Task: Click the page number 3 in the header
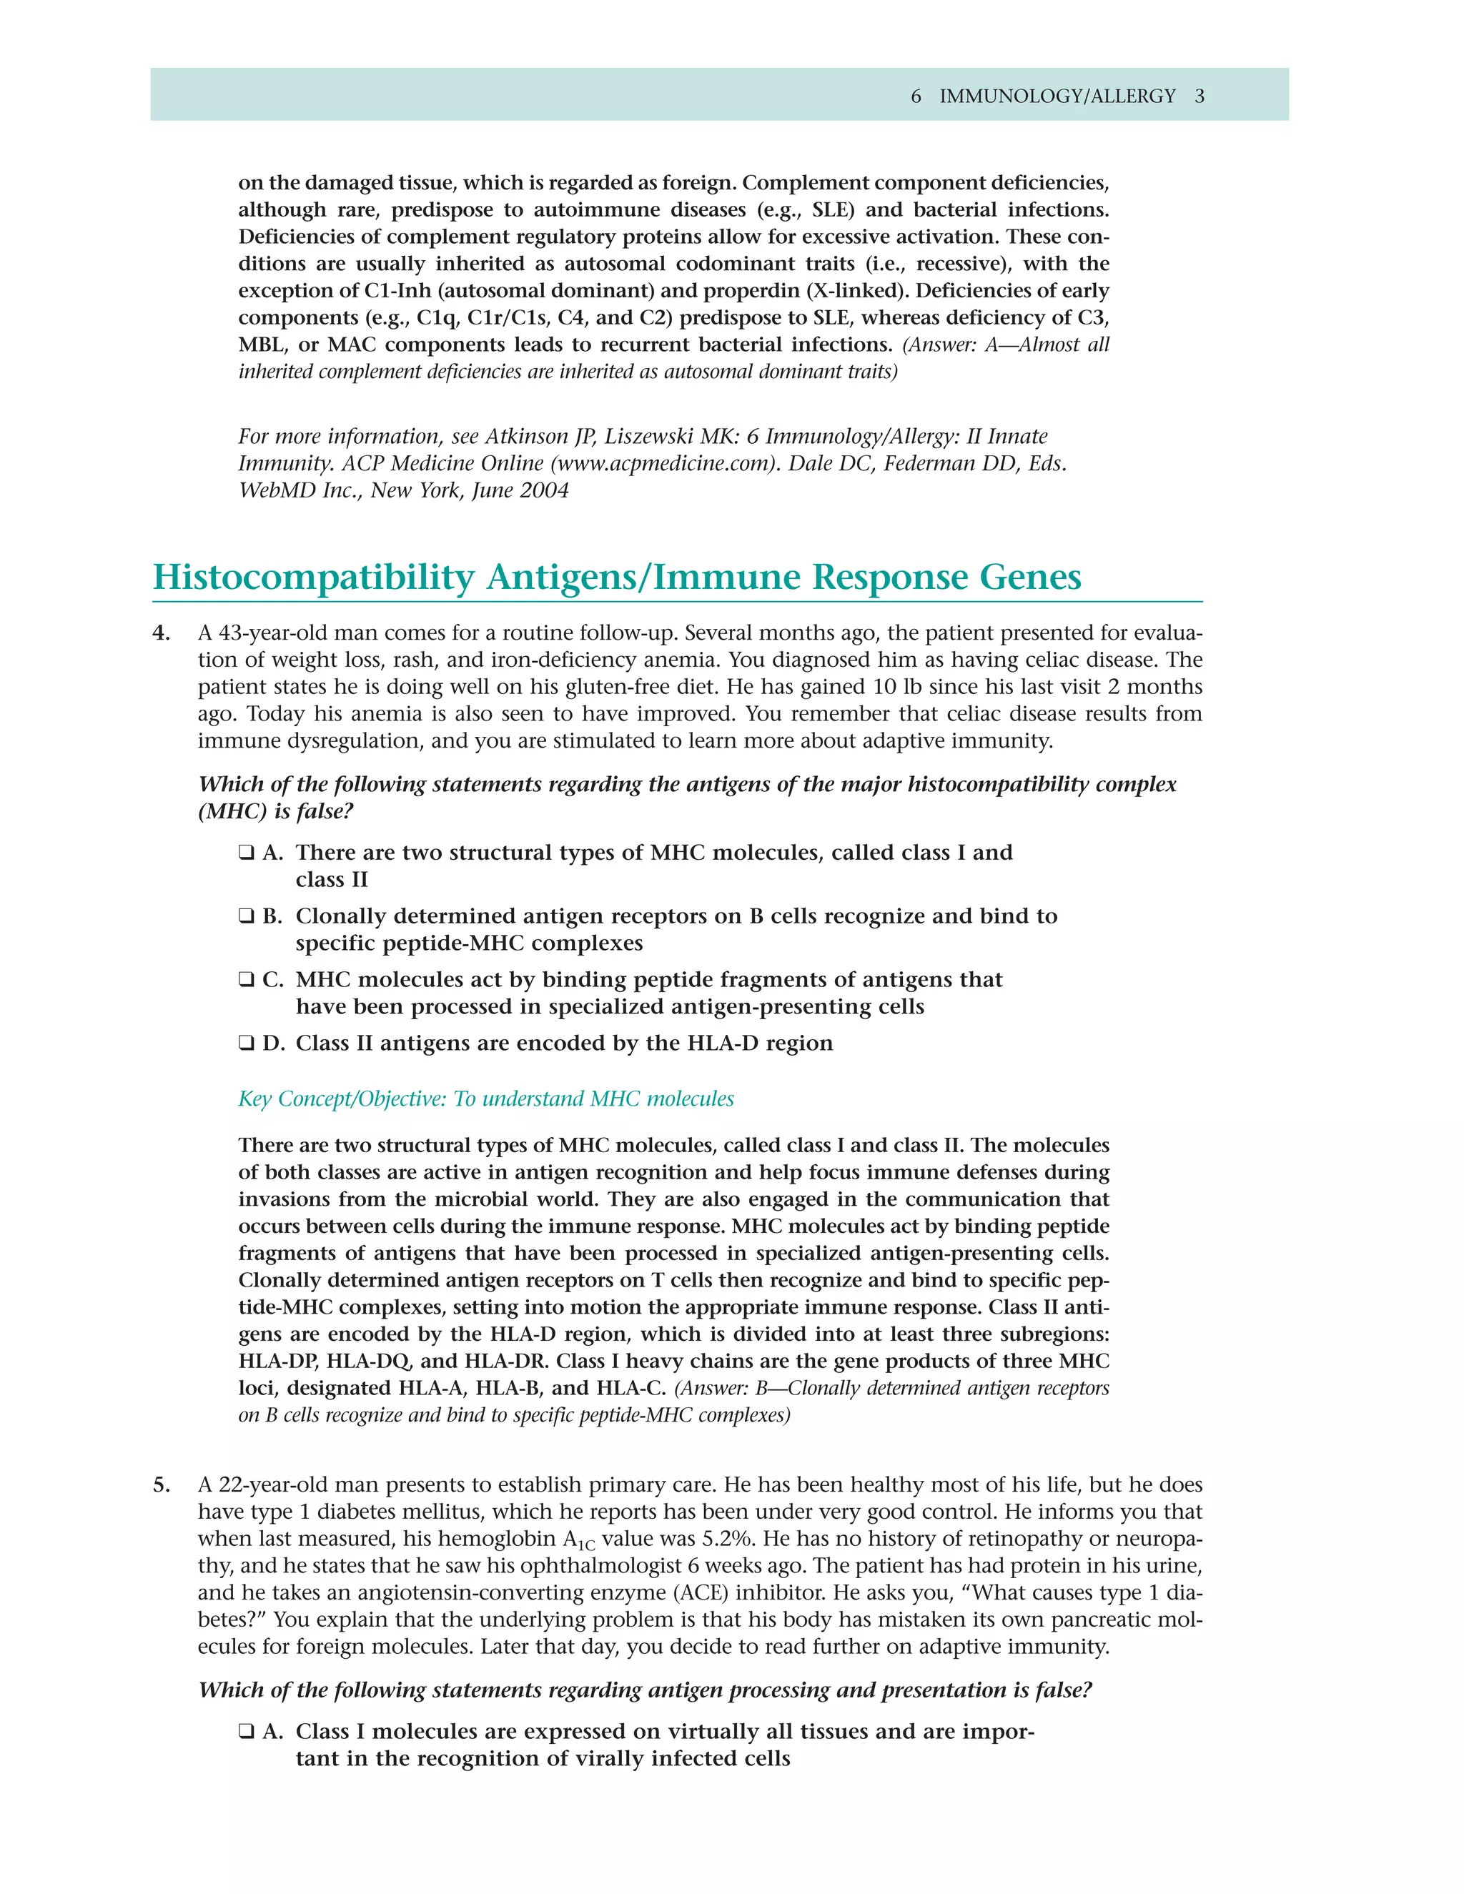(1200, 96)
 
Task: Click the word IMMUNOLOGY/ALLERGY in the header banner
(1057, 96)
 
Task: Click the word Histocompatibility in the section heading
(313, 577)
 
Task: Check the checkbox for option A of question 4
(247, 853)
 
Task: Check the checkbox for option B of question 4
(247, 917)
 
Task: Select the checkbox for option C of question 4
(247, 980)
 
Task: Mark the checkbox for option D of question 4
(247, 1043)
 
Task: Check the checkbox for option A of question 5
(247, 1732)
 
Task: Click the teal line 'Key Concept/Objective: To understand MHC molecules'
(485, 1099)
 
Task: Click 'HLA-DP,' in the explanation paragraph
(280, 1362)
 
